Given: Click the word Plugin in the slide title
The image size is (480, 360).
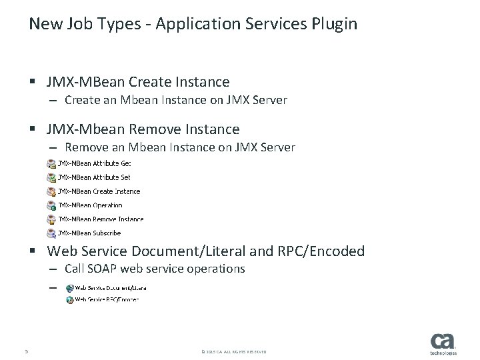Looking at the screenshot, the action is click(x=335, y=25).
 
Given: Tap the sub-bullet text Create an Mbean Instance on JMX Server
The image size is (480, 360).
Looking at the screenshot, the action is click(x=176, y=101).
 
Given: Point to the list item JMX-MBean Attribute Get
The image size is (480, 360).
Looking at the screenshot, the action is click(x=94, y=163).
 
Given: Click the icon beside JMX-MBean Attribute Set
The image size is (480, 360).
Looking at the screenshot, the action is click(x=51, y=177).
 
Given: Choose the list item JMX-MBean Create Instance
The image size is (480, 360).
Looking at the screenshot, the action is click(x=99, y=191).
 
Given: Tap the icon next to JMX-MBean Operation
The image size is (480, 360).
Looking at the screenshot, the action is click(x=51, y=205).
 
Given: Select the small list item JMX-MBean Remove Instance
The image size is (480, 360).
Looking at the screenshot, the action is click(x=100, y=219).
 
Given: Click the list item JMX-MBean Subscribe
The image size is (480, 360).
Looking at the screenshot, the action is click(x=89, y=233).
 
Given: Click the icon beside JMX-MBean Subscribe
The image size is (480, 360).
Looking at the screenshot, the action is click(x=51, y=233).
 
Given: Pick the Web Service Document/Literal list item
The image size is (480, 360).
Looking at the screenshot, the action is click(x=110, y=288).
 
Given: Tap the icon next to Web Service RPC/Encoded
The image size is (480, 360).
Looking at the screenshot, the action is click(x=69, y=301).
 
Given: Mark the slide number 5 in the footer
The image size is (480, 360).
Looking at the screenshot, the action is click(x=25, y=351).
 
